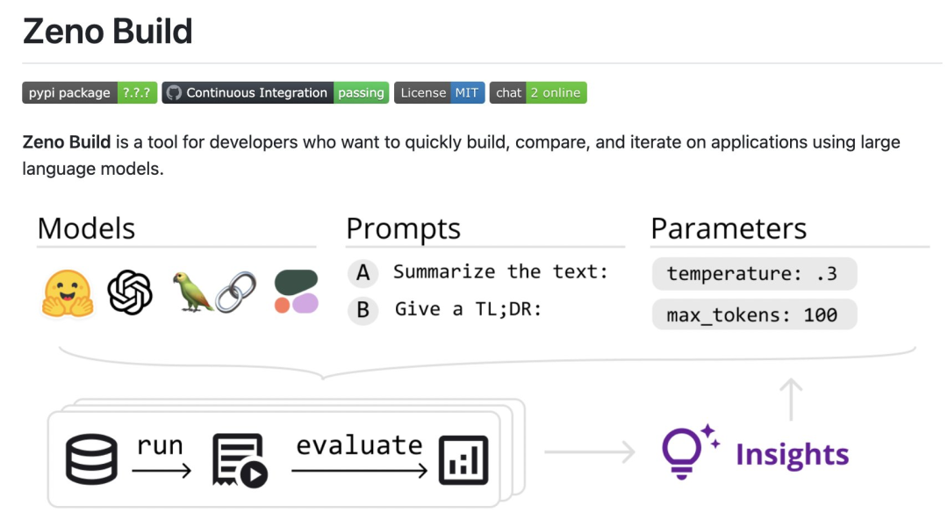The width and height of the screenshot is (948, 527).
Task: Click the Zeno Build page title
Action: tap(108, 32)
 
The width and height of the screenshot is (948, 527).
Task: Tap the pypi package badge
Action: tap(90, 92)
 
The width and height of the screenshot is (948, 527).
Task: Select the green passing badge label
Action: tap(361, 92)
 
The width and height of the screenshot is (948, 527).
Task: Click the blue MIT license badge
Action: tap(466, 92)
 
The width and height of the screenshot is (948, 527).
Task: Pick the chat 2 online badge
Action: tap(538, 92)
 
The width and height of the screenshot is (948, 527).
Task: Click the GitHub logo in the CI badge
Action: tap(174, 92)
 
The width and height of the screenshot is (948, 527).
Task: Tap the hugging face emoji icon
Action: tap(68, 293)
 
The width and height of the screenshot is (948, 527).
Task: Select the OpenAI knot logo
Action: tap(129, 292)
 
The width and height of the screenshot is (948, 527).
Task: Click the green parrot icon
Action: tap(191, 291)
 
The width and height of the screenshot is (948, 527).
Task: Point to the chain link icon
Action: tap(236, 292)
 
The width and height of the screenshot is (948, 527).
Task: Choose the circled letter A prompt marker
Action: tap(363, 273)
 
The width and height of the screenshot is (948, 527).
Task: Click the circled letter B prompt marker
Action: tap(363, 310)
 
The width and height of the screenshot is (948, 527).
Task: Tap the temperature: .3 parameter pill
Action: tap(754, 273)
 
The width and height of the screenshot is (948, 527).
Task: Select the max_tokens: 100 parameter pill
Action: tap(754, 314)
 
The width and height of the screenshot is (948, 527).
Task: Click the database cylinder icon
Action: tap(91, 459)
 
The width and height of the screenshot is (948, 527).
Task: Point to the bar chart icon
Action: tap(463, 460)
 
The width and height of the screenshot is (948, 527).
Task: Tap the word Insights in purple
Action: tap(792, 454)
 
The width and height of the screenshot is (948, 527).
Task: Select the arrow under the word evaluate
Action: tap(359, 470)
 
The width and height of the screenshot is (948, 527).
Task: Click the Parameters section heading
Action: tap(729, 228)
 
